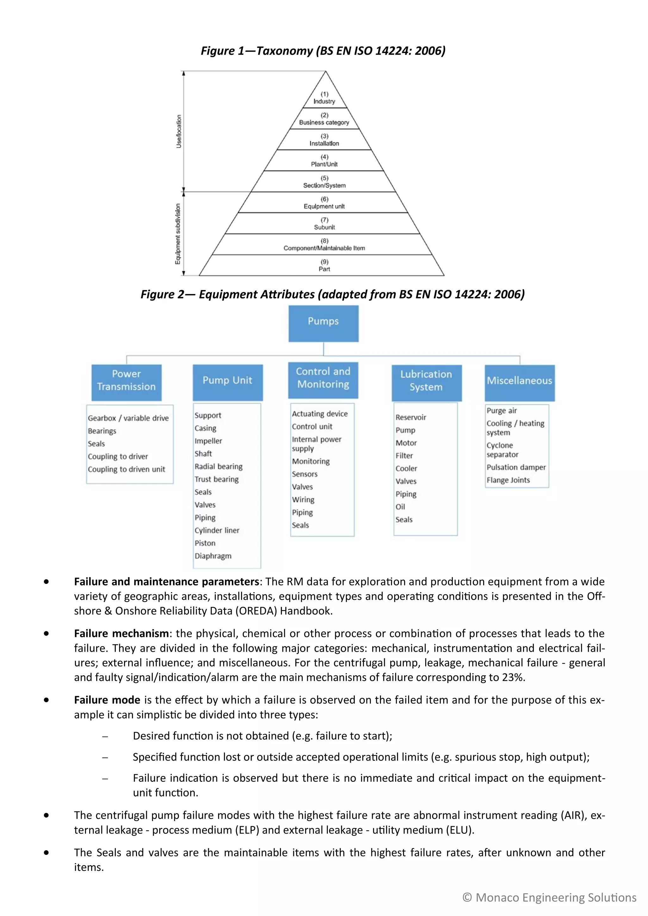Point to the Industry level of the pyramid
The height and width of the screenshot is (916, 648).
(x=324, y=98)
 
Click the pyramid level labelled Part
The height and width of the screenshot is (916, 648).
(x=324, y=266)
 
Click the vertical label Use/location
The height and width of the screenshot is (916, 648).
(x=179, y=132)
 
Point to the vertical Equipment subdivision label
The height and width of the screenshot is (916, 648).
(x=178, y=234)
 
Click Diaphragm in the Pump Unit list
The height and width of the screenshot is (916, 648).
(x=213, y=556)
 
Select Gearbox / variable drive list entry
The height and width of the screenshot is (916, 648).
(x=128, y=418)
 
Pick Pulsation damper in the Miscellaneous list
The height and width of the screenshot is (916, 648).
(x=516, y=467)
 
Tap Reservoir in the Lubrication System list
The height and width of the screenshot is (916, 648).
(x=411, y=417)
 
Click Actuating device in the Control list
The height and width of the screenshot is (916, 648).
(x=320, y=414)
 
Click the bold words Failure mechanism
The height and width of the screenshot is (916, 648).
(x=121, y=634)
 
